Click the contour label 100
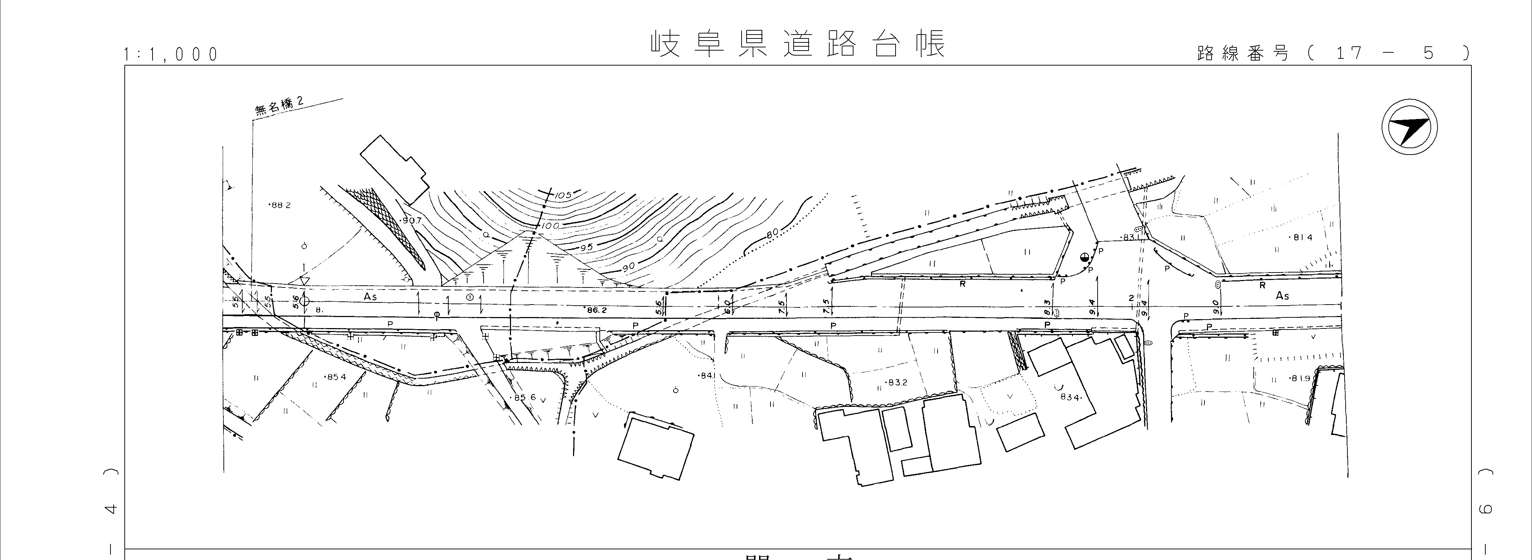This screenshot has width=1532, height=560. pos(550,226)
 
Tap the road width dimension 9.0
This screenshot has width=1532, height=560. pos(1216,307)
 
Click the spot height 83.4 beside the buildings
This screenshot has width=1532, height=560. pos(1069,397)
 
